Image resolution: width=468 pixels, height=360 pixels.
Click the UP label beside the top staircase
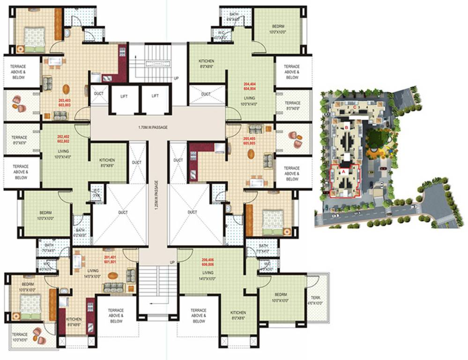176,78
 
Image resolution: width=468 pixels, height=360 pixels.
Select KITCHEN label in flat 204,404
207,64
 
